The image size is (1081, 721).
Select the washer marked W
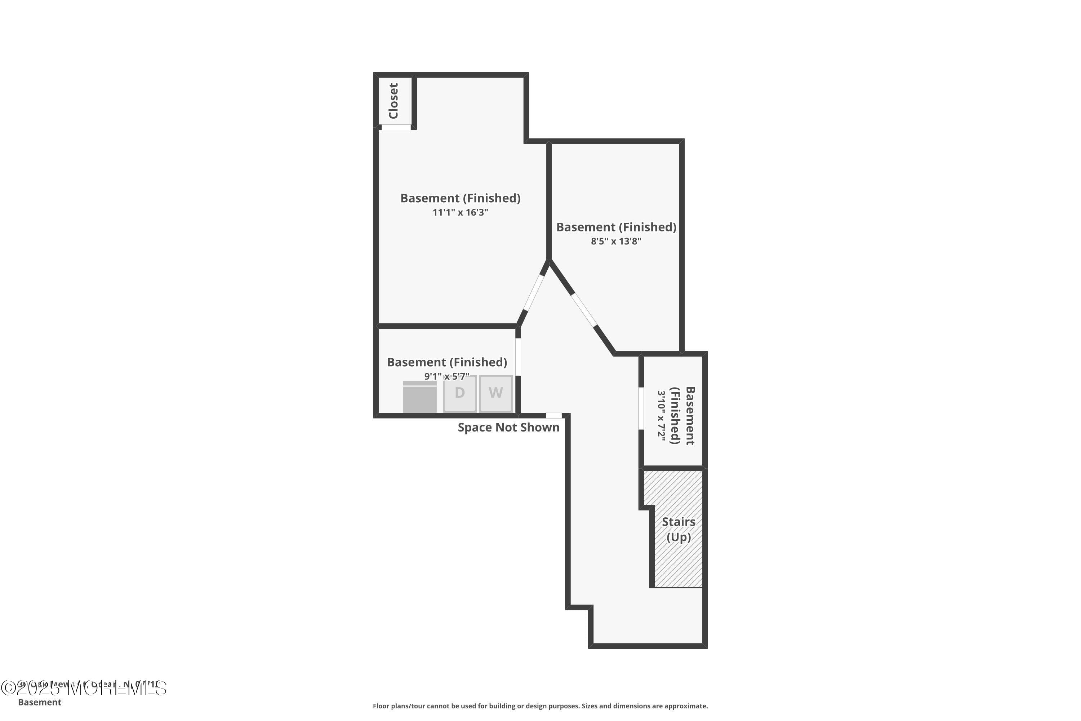(495, 393)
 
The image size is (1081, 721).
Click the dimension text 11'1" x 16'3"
(460, 212)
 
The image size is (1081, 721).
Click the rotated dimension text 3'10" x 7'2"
(661, 416)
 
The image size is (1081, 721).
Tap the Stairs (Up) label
(679, 529)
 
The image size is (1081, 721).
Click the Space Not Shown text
(508, 428)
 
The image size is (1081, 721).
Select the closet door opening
(396, 127)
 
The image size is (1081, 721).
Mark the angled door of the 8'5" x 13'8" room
(584, 309)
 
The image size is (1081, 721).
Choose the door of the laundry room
(518, 357)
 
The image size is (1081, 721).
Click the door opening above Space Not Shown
(554, 416)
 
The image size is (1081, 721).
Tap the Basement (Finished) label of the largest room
(460, 198)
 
